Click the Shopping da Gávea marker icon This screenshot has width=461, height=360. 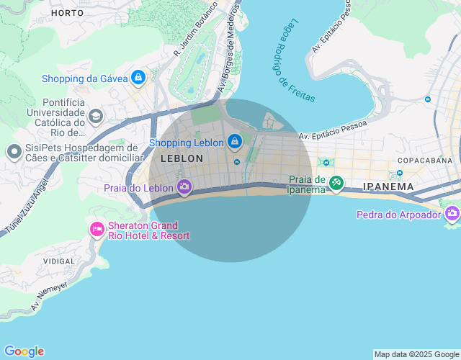pyautogui.click(x=138, y=78)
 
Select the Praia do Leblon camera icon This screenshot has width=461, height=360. pyautogui.click(x=184, y=187)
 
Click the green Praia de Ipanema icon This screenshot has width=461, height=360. pyautogui.click(x=336, y=184)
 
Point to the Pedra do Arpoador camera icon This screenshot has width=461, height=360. pyautogui.click(x=452, y=214)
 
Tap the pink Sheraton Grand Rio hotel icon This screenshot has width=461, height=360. pyautogui.click(x=97, y=230)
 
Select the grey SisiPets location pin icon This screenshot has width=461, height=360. pyautogui.click(x=14, y=152)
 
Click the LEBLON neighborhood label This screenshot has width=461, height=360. pyautogui.click(x=182, y=158)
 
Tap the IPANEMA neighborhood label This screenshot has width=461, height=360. pyautogui.click(x=388, y=186)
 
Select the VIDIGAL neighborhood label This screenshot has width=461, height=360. pyautogui.click(x=59, y=261)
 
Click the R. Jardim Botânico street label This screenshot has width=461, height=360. pyautogui.click(x=195, y=28)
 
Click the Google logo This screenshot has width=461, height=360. pyautogui.click(x=24, y=351)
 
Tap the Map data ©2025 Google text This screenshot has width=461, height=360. pyautogui.click(x=416, y=354)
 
